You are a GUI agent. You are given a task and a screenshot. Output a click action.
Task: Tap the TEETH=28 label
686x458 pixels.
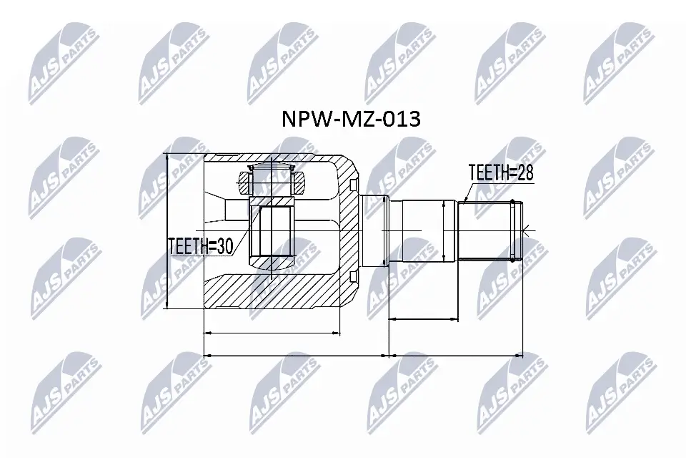point(501,172)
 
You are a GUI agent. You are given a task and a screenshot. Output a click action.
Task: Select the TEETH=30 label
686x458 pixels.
point(201,246)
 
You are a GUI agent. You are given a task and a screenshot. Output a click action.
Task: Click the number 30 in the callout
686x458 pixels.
point(224,246)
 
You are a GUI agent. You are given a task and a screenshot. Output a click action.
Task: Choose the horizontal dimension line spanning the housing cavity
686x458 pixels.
point(272,333)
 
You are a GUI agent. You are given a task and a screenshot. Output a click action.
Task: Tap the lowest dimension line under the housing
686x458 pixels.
point(296,354)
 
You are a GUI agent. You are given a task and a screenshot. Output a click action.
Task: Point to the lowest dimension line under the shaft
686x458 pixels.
point(456,354)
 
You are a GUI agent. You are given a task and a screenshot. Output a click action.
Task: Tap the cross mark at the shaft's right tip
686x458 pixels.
point(527,230)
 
